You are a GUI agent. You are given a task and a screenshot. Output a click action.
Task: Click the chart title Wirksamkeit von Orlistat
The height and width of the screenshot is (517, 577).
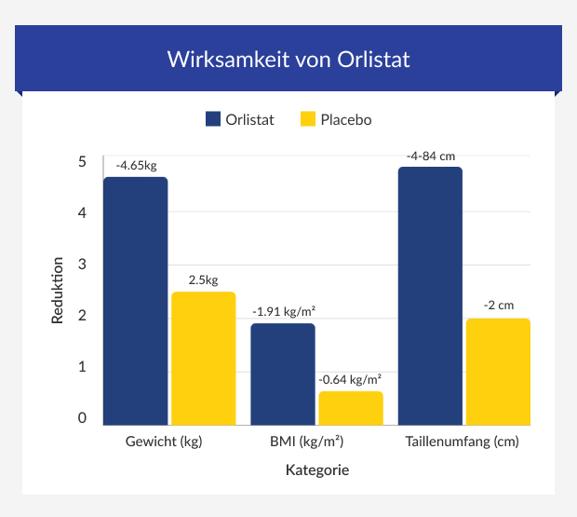pos(288,59)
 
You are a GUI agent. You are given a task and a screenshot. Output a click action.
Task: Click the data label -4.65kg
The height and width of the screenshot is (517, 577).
pos(136,165)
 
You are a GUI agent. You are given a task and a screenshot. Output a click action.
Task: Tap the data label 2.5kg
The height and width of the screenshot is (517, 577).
pos(203,279)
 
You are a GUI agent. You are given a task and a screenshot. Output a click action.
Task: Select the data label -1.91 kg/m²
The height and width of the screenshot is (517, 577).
pos(284,311)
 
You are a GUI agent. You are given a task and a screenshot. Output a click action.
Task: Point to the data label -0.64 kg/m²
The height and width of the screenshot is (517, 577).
pos(351,379)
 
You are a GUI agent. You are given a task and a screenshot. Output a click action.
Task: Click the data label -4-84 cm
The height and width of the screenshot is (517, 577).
pos(431,156)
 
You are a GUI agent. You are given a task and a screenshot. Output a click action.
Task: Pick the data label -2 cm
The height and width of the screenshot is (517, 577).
pos(499,306)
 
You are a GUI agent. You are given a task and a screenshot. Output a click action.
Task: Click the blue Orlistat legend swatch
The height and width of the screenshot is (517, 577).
pos(212,119)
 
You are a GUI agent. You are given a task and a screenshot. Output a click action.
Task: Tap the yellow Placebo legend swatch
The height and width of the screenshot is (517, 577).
pos(309,119)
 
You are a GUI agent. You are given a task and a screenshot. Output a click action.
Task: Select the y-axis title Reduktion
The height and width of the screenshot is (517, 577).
pos(58,291)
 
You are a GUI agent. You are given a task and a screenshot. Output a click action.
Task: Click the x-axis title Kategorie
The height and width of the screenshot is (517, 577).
pos(316,470)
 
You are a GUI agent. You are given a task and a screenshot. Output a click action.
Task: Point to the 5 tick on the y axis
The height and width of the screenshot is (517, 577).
pos(82,162)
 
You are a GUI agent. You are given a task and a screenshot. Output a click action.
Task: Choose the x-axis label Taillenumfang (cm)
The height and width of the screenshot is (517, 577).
pos(463,442)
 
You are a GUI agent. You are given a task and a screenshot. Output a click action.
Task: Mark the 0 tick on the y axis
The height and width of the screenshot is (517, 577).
pos(82,418)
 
